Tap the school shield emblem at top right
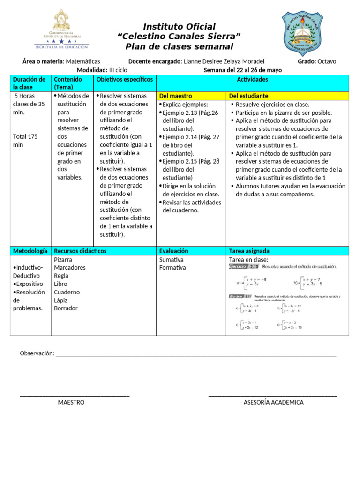coord(303,32)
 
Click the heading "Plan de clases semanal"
coord(179,46)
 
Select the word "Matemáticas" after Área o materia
coord(83,61)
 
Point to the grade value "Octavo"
coord(327,61)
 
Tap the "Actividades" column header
coord(253,80)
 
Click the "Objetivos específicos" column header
coord(125,80)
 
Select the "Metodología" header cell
coord(30,251)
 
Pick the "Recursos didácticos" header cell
coord(80,251)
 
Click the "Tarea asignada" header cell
coord(249,251)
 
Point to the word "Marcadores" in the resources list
coord(70,267)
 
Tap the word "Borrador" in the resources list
coord(66,308)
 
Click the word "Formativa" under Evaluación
coord(172,268)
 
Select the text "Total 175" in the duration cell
coord(25,137)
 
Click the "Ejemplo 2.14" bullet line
coord(190,137)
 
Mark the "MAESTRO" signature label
coord(71,402)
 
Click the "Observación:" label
coord(37,353)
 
